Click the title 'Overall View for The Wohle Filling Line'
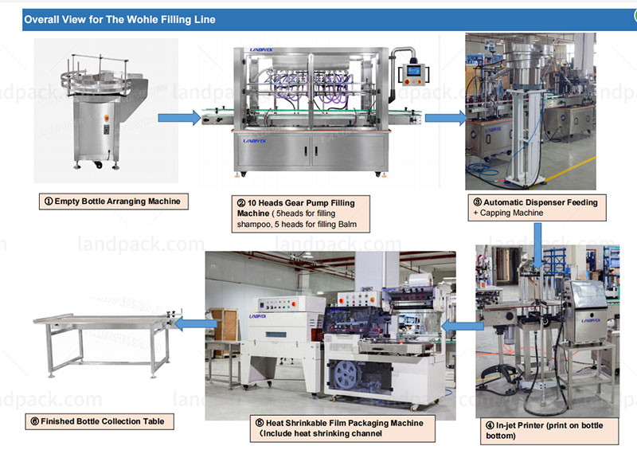click(119, 18)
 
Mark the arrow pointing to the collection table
click(196, 324)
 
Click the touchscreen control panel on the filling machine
click(413, 72)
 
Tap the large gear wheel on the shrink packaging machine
click(343, 371)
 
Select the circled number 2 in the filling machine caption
click(240, 204)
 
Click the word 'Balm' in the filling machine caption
click(344, 225)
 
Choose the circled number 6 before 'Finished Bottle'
click(33, 421)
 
